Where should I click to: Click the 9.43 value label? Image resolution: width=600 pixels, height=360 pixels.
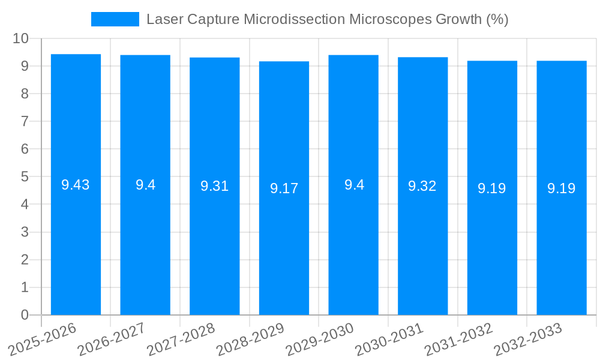coord(76,185)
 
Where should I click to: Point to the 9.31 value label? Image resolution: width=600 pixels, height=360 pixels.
coord(214,186)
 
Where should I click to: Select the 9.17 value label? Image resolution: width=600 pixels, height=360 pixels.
coord(284,188)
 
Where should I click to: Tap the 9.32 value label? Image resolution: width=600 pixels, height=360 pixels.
coord(422,186)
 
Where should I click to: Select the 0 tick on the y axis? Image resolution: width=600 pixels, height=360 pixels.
coord(25,315)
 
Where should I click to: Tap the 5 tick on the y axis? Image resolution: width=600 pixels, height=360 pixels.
coord(25,177)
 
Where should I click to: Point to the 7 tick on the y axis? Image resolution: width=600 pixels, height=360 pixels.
coord(25,121)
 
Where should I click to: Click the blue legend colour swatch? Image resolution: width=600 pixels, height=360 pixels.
coord(115,19)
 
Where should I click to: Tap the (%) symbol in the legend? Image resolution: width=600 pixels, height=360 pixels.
coord(497,19)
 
